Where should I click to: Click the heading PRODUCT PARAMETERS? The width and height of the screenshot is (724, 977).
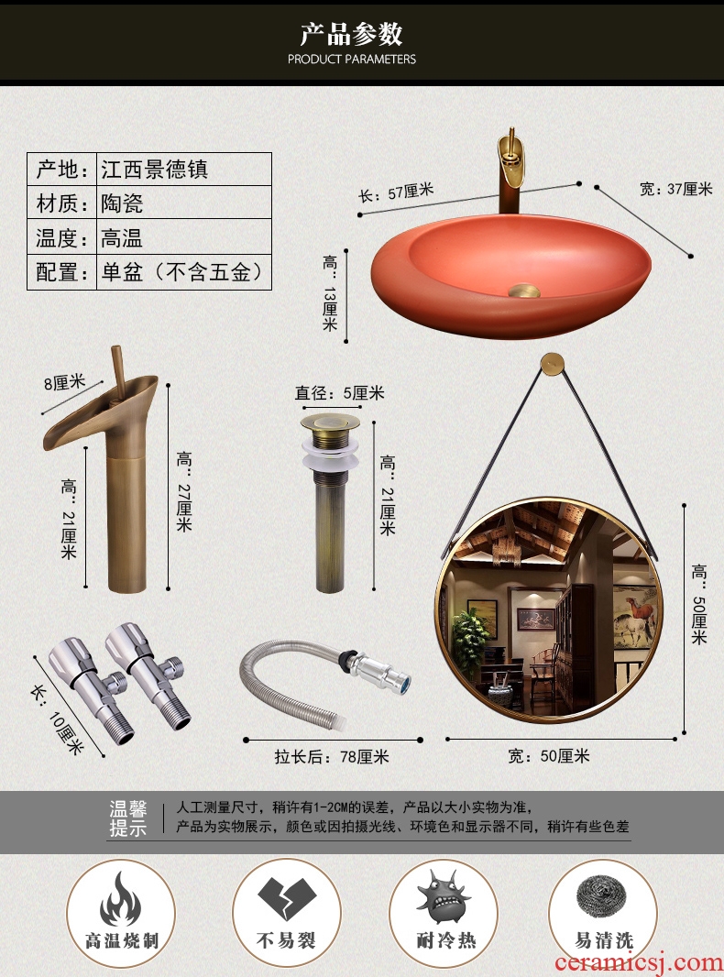[x=351, y=60]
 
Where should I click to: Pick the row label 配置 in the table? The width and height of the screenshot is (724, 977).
[x=61, y=272]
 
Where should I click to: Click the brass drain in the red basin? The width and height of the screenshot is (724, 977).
[x=524, y=290]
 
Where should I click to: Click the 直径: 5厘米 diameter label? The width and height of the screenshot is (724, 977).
[x=340, y=393]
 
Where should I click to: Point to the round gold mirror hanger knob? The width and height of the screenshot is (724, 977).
[x=552, y=363]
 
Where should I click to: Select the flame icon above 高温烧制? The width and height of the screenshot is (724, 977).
[x=120, y=898]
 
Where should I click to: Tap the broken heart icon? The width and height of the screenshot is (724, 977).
[x=287, y=898]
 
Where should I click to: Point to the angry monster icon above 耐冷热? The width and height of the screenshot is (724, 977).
[x=443, y=896]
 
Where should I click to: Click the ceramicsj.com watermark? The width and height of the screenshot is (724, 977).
[x=638, y=962]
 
